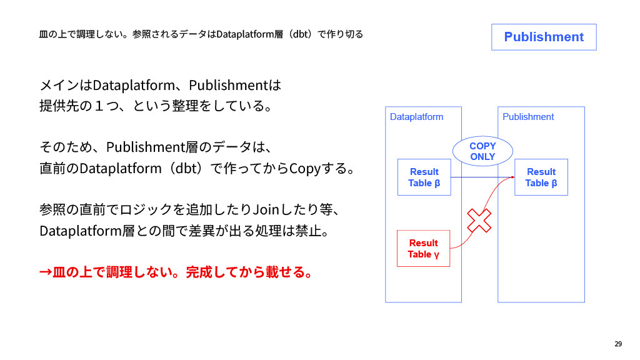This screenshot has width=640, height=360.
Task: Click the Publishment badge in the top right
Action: point(544,37)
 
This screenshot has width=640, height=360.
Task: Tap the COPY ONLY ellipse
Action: point(482,151)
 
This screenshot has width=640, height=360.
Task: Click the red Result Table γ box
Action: point(424,248)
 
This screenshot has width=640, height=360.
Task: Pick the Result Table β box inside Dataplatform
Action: point(424,177)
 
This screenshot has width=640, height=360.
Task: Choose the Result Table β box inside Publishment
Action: point(541,177)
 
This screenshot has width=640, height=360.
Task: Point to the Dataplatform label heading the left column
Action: point(416,117)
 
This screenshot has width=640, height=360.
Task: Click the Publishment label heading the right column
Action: point(528,117)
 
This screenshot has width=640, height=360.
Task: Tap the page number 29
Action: point(618,344)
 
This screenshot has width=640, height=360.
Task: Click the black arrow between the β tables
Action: point(481,177)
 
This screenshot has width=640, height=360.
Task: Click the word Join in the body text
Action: point(267,207)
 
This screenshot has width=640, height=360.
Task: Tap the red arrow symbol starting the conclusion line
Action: point(46,272)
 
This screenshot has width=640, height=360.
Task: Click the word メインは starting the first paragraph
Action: point(65,84)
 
